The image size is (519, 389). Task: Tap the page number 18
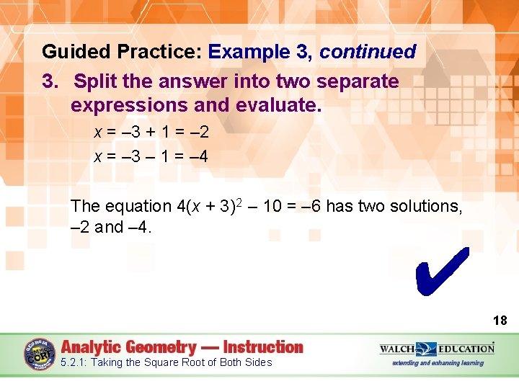click(500, 321)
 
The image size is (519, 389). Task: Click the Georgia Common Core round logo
click(40, 355)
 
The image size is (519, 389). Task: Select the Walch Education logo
click(438, 349)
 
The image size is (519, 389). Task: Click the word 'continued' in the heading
click(368, 52)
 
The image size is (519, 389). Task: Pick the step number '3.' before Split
click(50, 81)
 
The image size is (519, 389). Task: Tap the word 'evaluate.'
click(279, 105)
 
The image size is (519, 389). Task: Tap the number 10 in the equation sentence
click(272, 207)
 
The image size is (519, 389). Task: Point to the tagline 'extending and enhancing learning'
click(438, 363)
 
